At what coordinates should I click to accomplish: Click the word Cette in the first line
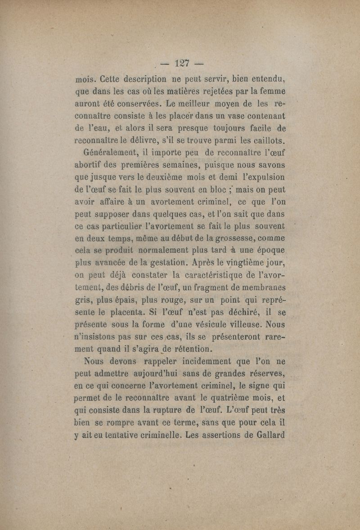[107, 82]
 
